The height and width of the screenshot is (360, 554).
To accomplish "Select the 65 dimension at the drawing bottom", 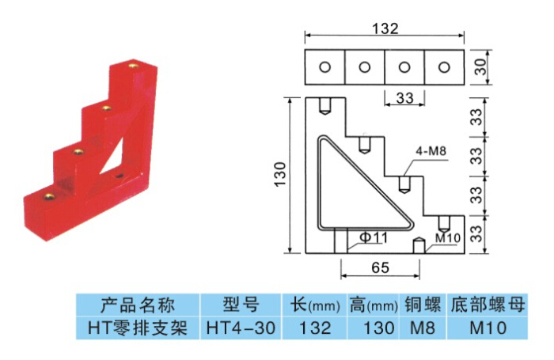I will point(379,267).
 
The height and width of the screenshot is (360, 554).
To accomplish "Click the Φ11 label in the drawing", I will point(374,237).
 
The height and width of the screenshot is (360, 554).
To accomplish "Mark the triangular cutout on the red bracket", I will point(112,150).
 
